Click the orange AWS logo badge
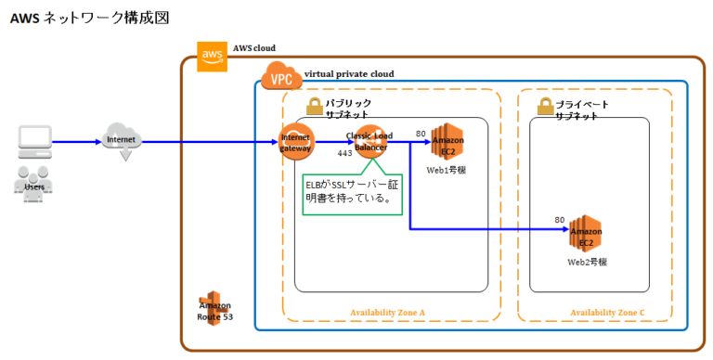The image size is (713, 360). point(213,56)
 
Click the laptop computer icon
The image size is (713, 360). point(34,142)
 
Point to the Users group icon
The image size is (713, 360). point(34,183)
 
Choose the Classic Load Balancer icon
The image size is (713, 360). point(370,143)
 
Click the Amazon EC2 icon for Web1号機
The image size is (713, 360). point(447,143)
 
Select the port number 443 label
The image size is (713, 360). point(344,153)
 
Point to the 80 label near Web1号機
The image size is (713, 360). point(421,134)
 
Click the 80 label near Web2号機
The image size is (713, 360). point(559,220)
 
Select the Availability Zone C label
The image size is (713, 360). point(607,313)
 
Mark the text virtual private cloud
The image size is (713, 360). point(349,73)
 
